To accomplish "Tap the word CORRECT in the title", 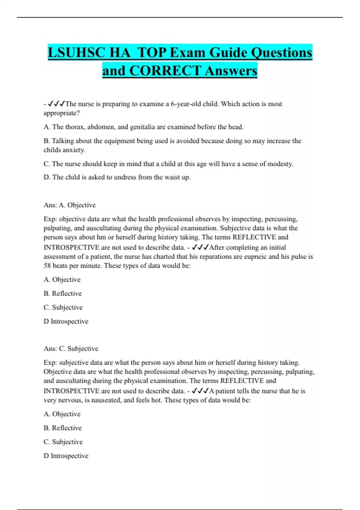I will (165, 71).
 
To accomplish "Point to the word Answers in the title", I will (231, 71).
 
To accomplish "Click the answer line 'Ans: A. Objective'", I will (70, 205).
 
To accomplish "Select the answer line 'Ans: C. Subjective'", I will (71, 349).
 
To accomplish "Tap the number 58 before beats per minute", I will (47, 266).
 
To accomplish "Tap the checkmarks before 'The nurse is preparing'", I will (56, 104).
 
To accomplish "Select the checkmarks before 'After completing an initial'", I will (200, 247).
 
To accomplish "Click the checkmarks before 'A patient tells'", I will (200, 391).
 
